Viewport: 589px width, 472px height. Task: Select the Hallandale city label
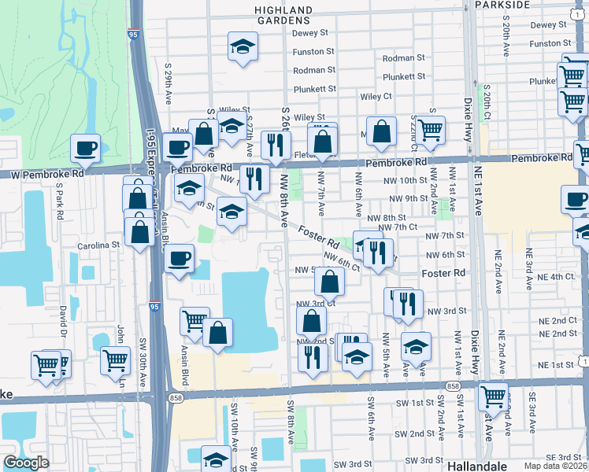coord(476,465)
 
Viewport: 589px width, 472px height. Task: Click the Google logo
coord(26,463)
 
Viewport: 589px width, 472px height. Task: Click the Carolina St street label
coord(98,245)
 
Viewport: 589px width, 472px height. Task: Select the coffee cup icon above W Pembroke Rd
coord(85,147)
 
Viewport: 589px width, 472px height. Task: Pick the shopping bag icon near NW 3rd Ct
coord(329,281)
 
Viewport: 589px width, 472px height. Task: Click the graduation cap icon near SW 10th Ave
coord(216,459)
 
